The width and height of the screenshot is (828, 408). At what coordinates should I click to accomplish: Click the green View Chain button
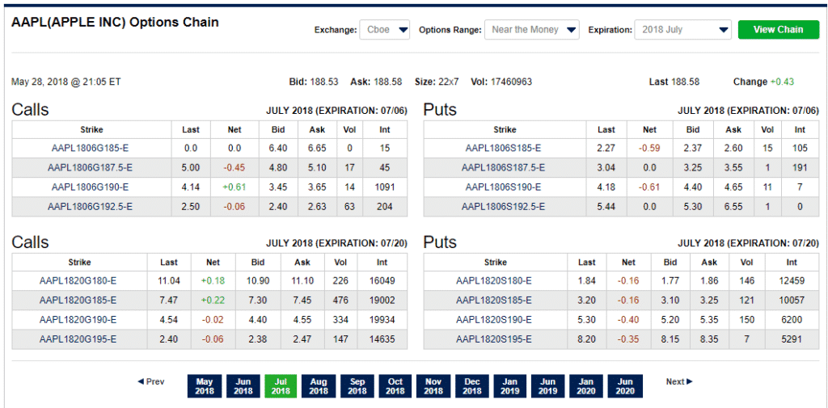coord(778,30)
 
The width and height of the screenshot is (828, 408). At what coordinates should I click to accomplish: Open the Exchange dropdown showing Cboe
coord(384,30)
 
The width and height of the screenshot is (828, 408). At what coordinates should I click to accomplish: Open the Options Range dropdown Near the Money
coord(532,30)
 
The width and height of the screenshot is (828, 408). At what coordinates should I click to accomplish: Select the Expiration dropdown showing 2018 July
coord(683,30)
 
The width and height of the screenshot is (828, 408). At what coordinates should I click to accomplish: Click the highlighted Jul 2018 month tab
coord(281,386)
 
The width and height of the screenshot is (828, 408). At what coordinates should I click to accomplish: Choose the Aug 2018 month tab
coord(319,386)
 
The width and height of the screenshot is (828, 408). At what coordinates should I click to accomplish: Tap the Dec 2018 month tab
coord(471,386)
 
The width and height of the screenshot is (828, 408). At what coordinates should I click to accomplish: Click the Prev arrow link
coord(151,381)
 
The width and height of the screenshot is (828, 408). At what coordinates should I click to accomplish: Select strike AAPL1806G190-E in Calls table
coord(91,187)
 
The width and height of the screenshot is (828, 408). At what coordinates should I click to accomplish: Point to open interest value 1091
coord(384,187)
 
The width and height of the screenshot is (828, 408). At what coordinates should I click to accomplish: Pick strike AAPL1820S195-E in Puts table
coord(494,339)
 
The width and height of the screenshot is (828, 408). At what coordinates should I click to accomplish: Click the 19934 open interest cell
coord(382,320)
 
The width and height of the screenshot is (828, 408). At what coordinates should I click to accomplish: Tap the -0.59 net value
coord(649,148)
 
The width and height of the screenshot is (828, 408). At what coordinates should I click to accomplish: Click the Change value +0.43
coord(782,82)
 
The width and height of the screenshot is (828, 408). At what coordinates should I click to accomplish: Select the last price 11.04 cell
coord(169,281)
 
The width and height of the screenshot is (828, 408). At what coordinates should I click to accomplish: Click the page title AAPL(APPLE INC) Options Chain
coord(115,23)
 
